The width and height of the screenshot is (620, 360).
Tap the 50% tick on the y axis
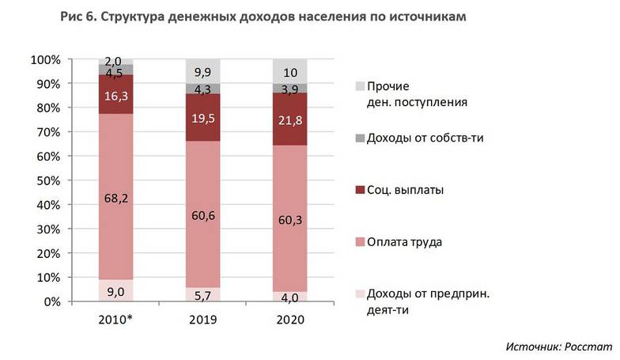(x=45, y=181)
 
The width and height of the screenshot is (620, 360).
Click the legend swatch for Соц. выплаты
(x=361, y=190)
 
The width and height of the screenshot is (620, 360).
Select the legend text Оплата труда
(x=404, y=241)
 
